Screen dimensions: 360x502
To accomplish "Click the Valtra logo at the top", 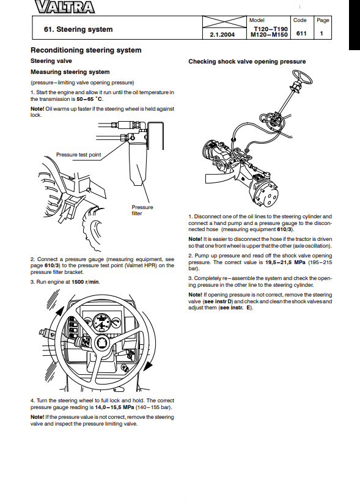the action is click(x=65, y=7).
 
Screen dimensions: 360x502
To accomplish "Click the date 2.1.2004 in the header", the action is click(x=222, y=35).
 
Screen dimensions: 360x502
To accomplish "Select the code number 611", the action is click(x=301, y=33).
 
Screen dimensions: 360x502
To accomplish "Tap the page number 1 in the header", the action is click(x=321, y=33).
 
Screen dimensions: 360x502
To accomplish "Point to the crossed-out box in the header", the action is click(x=224, y=22).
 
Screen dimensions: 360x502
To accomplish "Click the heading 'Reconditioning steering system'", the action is click(x=86, y=50).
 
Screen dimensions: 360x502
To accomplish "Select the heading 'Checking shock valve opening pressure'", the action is click(x=247, y=62).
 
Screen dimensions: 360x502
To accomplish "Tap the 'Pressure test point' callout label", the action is click(x=78, y=155).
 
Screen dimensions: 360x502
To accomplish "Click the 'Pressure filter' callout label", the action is click(x=142, y=210).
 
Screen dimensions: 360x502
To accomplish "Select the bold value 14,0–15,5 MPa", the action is click(x=114, y=408).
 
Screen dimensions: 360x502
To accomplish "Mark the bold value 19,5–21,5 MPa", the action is click(x=285, y=262).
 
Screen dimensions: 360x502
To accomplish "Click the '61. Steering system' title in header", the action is click(x=78, y=29).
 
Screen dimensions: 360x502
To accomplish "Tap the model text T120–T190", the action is click(x=271, y=29).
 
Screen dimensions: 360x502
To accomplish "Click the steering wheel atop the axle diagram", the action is click(x=300, y=78).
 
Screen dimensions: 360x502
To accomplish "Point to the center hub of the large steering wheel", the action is click(x=102, y=343).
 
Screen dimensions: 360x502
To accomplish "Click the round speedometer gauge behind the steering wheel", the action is click(x=101, y=322).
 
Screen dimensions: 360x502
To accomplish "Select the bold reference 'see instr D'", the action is click(x=218, y=301).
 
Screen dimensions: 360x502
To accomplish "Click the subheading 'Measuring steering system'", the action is click(x=70, y=72).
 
